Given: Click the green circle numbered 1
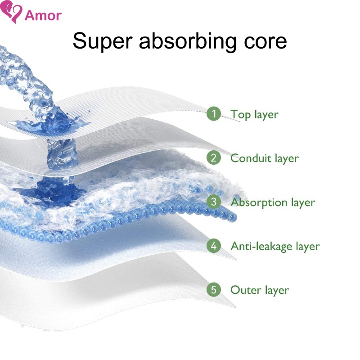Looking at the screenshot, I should (214, 114).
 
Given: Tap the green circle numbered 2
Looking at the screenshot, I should (214, 158).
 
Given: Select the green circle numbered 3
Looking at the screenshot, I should (214, 202).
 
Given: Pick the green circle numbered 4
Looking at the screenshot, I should (214, 246).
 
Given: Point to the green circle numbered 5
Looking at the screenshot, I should (214, 290).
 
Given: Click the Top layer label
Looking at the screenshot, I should (254, 114).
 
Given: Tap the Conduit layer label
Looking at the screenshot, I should (264, 158).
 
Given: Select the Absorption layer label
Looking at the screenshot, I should (273, 202).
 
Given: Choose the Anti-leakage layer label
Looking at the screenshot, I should (275, 246).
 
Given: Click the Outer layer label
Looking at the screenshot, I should (260, 290).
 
